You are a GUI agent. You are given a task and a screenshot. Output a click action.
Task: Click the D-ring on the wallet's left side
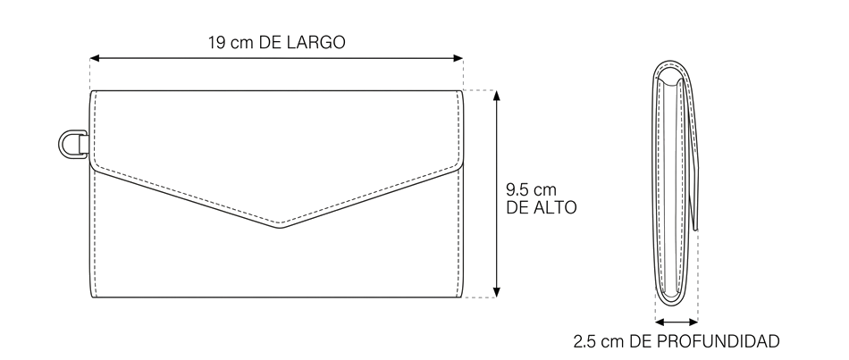coord(61,145)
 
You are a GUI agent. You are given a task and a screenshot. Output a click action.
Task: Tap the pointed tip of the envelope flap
coord(280,228)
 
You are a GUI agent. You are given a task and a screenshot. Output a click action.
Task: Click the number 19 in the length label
coord(216,42)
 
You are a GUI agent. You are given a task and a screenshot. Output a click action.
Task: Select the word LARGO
coord(316,42)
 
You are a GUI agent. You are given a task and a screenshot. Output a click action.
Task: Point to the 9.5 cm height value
coord(531,190)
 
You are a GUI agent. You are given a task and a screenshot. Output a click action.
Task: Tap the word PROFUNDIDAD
coord(718,341)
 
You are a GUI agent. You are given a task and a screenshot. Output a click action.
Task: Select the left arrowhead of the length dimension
coord(94,58)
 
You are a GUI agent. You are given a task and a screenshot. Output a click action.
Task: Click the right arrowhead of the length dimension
coord(458,58)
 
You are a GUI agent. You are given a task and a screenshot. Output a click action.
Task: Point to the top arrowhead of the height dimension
coord(497,96)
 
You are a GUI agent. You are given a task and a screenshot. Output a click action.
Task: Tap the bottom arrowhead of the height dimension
coord(497,292)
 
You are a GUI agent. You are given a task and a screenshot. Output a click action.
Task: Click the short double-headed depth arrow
coord(677,322)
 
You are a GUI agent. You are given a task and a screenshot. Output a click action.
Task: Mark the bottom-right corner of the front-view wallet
coord(463,297)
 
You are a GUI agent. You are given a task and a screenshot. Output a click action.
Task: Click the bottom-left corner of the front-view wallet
coord(91,297)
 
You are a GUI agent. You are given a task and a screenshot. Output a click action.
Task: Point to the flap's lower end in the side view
coord(696,229)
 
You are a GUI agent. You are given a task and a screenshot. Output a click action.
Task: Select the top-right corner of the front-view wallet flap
coord(463,91)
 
